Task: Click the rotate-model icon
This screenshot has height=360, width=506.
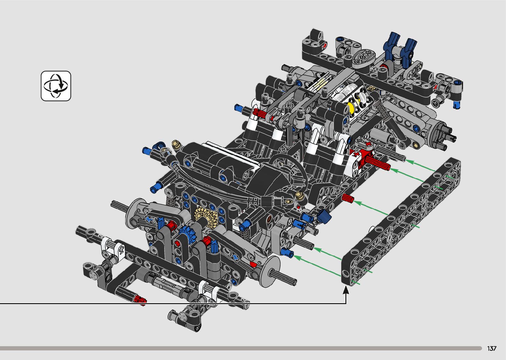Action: [56, 86]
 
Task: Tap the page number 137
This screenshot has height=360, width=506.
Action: [491, 348]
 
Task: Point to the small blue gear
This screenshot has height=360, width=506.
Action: [187, 234]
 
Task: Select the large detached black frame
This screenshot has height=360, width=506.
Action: [401, 221]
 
